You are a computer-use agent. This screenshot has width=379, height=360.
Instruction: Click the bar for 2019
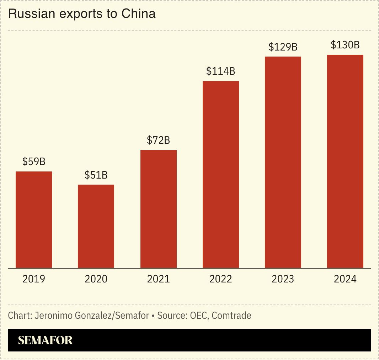(x=34, y=219)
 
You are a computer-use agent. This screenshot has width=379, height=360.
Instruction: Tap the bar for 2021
(x=159, y=209)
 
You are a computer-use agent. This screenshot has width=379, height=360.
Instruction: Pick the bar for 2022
(x=221, y=174)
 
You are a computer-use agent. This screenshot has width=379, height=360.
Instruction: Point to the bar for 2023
(x=283, y=162)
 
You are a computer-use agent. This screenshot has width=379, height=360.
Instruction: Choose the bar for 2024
(x=345, y=161)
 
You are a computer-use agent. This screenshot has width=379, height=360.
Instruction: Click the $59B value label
(x=34, y=162)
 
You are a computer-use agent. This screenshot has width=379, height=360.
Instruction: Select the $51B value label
(x=96, y=175)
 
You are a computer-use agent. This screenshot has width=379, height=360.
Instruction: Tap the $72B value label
(x=159, y=140)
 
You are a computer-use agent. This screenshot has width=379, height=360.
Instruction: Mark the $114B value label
(x=221, y=71)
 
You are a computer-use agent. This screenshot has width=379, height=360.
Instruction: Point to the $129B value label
(x=283, y=47)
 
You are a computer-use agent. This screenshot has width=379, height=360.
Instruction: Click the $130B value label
(x=345, y=45)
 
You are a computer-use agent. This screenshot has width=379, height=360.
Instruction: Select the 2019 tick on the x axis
(x=34, y=279)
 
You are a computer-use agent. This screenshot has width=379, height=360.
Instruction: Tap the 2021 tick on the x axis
(x=159, y=279)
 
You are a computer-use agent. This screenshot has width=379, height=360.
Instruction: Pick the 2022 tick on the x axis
(x=221, y=279)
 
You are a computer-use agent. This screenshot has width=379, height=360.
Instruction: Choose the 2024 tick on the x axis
(x=345, y=279)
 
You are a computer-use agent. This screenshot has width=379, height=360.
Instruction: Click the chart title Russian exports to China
(x=81, y=14)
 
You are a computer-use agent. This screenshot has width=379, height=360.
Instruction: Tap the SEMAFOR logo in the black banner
(x=45, y=340)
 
